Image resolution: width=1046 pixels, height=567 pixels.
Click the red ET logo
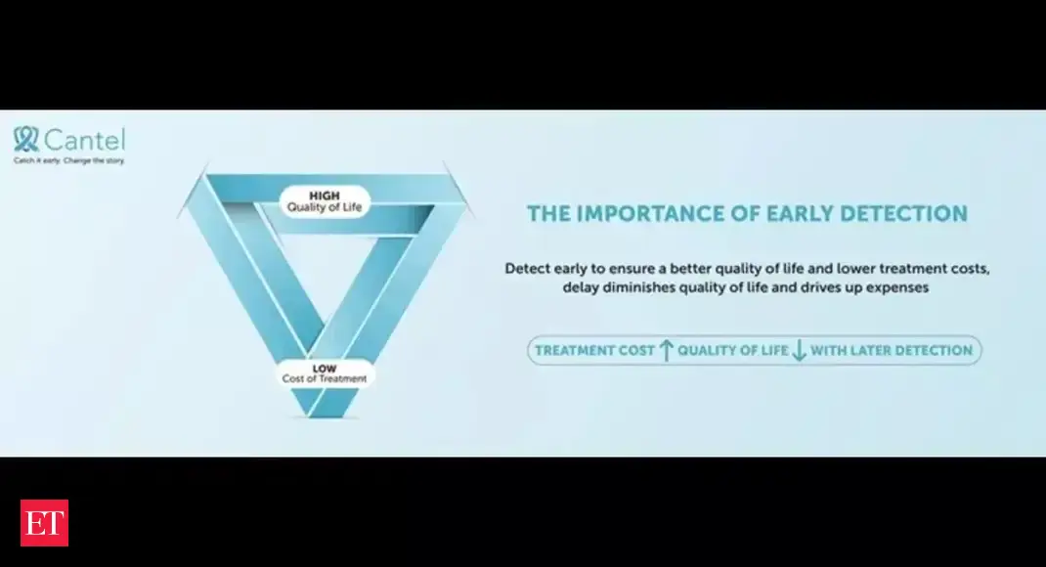(x=44, y=523)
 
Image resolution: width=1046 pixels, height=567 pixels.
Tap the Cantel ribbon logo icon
(x=26, y=140)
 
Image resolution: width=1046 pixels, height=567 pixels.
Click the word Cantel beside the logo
(x=84, y=140)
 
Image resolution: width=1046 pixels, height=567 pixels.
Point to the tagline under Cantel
(x=68, y=160)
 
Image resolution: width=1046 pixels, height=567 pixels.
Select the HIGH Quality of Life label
(x=325, y=201)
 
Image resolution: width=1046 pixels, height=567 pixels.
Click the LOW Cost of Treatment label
(x=325, y=373)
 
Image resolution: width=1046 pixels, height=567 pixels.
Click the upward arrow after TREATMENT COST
(x=666, y=350)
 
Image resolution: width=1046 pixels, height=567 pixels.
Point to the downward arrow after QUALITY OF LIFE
(x=799, y=350)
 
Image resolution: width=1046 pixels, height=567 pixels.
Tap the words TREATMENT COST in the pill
(x=594, y=351)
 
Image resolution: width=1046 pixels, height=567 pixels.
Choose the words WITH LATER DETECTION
(x=892, y=351)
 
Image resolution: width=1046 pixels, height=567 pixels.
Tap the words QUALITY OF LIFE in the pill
(x=733, y=351)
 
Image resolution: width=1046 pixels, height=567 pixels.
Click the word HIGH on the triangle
(x=325, y=196)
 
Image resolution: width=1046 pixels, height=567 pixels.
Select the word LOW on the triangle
(x=325, y=369)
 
